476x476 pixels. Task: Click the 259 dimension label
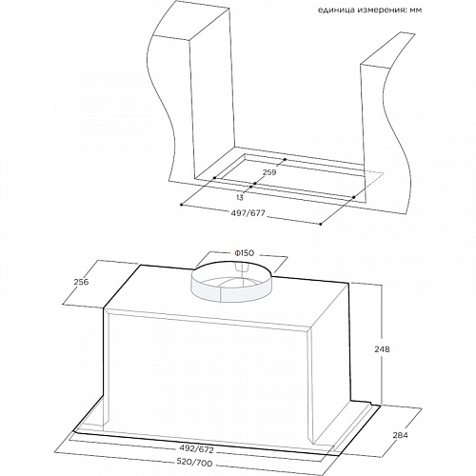269,172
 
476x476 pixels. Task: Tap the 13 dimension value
240,198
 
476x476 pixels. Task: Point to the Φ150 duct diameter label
244,253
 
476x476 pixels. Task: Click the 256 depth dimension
81,282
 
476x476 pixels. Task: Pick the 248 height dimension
382,349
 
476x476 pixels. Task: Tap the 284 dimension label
400,435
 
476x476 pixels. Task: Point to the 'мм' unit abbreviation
416,10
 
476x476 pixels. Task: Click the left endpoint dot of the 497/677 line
181,205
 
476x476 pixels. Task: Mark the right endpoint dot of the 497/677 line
321,225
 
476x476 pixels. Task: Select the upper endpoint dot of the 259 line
285,159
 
